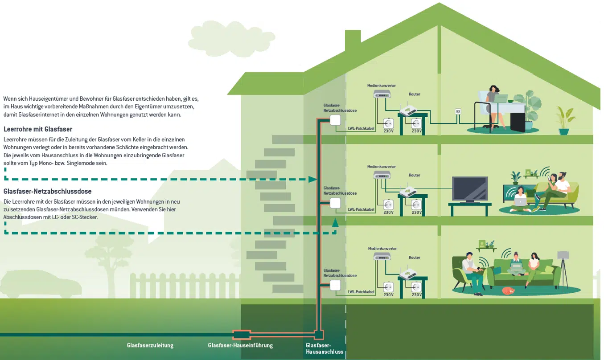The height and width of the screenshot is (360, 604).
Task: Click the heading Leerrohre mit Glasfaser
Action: coord(38,130)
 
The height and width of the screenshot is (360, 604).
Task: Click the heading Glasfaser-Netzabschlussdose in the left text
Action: coord(47,192)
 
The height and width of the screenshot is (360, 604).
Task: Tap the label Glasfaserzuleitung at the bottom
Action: coord(150,345)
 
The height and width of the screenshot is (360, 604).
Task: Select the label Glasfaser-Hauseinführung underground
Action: coord(240,345)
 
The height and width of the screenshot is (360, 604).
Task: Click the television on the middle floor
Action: coord(469,189)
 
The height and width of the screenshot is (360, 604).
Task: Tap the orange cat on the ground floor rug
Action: coord(507,290)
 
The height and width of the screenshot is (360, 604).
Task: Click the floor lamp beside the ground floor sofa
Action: coord(563,267)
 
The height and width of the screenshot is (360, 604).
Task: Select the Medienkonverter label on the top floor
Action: coord(382,86)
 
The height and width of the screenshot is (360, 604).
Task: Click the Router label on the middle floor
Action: coord(415,176)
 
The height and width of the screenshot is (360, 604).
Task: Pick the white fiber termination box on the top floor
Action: coord(335,120)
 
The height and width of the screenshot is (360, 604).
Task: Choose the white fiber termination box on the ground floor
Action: coord(335,285)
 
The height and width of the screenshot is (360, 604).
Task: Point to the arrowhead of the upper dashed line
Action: coord(313,179)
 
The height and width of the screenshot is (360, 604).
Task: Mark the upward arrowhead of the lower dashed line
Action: coord(335,221)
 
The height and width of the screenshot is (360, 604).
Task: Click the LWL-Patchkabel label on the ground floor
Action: coord(361,292)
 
